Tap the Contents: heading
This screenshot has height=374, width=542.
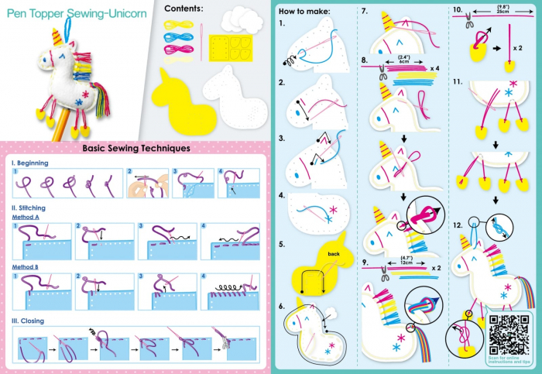184,9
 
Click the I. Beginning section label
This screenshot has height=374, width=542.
30,163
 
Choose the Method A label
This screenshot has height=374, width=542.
28,218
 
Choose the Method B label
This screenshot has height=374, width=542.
28,266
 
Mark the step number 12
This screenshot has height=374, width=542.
458,226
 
